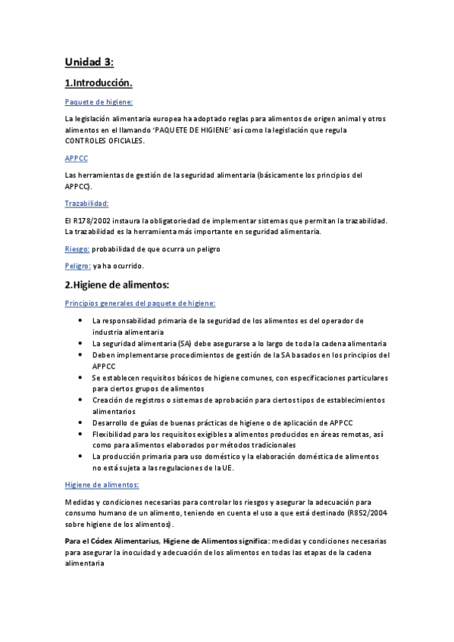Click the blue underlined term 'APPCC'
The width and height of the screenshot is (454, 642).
point(77,158)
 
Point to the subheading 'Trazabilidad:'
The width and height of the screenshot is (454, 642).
point(87,203)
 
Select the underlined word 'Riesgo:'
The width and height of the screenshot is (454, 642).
point(77,248)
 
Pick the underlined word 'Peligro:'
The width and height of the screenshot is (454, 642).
point(78,266)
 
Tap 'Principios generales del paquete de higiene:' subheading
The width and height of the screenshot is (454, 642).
point(140,303)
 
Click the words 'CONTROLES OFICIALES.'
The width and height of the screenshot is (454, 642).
point(103,141)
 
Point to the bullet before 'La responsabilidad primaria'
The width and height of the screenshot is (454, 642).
point(81,321)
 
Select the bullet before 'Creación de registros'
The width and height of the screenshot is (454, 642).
point(81,399)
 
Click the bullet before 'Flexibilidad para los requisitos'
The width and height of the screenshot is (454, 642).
point(81,434)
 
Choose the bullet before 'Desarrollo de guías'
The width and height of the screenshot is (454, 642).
point(81,422)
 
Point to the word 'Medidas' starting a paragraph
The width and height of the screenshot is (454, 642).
point(80,502)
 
